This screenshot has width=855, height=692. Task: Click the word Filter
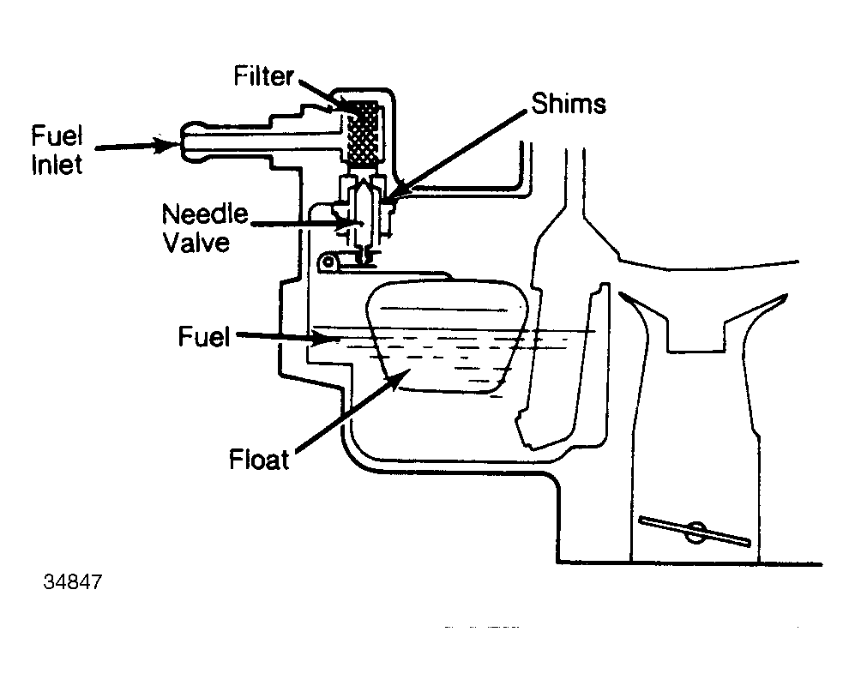264,75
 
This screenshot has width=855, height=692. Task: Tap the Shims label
569,104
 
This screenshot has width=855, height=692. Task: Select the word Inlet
57,165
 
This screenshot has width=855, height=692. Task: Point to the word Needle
205,214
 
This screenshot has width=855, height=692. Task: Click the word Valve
197,243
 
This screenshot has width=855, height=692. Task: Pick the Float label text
258,459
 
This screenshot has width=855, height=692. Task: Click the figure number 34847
73,582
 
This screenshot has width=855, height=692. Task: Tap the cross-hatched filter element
363,133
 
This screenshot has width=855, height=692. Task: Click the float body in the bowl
447,335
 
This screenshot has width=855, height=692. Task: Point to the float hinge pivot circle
328,262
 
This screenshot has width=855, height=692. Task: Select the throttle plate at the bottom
695,531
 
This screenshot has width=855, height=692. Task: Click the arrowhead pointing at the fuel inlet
166,145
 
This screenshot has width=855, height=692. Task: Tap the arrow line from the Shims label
459,151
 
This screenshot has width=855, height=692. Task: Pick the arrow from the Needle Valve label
307,223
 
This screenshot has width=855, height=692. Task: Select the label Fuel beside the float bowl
204,337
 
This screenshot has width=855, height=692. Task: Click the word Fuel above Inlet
57,135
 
